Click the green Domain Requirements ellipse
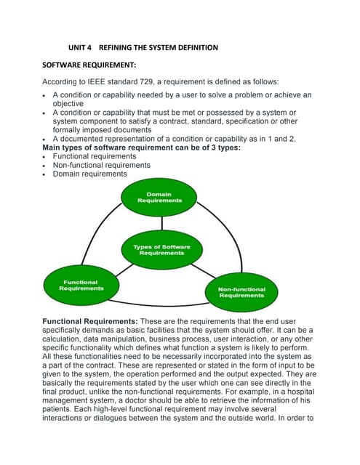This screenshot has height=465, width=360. pos(159,198)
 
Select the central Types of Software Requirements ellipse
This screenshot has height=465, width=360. pos(161,249)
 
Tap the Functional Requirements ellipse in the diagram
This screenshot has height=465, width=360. pos(81,286)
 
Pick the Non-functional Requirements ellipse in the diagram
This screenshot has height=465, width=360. pos(241,292)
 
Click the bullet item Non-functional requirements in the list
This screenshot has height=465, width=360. pos(101,165)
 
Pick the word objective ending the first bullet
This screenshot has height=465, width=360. pos(71,104)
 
